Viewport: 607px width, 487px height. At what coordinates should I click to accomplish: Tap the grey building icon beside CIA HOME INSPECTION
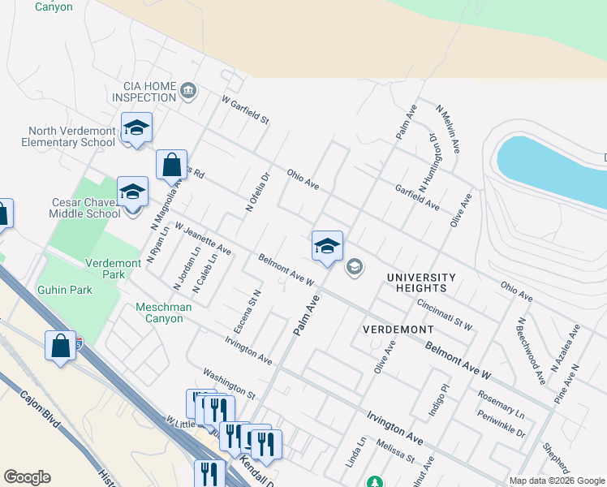point(189,89)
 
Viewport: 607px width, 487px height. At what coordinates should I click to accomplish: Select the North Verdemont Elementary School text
point(71,136)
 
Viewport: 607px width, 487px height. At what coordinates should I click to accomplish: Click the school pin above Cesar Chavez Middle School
point(132,193)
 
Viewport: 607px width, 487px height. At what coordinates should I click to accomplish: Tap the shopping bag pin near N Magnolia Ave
point(172,166)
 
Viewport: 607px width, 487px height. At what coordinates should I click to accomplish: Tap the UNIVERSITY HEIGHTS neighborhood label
point(421,282)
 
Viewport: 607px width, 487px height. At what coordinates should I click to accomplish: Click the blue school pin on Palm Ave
point(327,247)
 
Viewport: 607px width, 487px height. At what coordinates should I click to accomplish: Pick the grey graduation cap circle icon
point(354,266)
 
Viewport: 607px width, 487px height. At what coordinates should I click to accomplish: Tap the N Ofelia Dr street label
point(256,192)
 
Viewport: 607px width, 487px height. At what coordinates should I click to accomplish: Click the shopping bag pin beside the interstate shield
point(61,347)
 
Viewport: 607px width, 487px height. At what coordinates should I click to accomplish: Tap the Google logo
point(27,477)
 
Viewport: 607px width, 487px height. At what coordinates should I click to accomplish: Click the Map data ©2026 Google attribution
point(556,481)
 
